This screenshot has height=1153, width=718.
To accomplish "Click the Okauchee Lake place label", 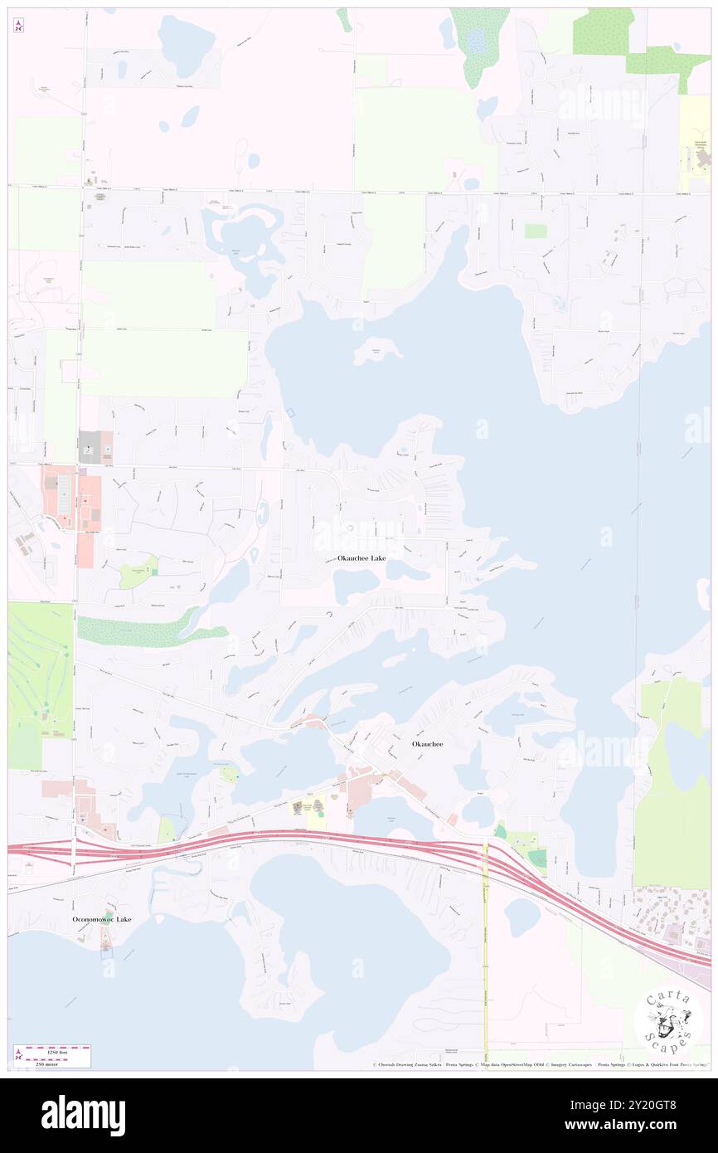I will point(361,558).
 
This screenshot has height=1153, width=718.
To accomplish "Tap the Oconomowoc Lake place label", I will point(101,919).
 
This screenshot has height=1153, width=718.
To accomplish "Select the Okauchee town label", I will point(427,744).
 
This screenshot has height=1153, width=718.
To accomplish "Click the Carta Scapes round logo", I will point(668,1019).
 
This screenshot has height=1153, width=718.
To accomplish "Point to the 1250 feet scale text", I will point(56,1052).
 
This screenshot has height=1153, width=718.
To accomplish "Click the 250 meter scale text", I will point(56,1063).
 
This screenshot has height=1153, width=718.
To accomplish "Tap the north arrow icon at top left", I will point(18,26).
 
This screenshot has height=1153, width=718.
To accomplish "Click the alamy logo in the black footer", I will point(83,1115).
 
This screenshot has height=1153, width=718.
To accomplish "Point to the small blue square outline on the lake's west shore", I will point(289,412).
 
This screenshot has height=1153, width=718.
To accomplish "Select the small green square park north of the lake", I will point(536,231).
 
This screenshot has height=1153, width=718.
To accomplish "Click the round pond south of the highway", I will point(522,917).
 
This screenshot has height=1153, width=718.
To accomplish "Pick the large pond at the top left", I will point(187,46).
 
